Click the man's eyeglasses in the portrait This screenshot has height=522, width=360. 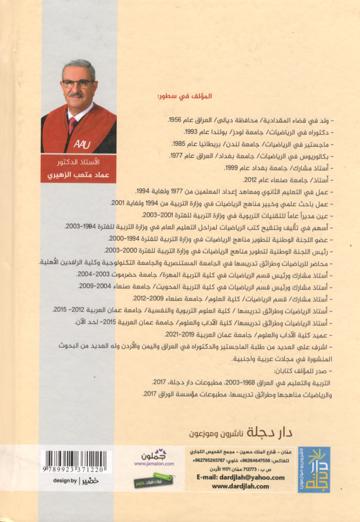pyautogui.click(x=77, y=84)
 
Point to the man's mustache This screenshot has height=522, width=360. pyautogui.click(x=77, y=95)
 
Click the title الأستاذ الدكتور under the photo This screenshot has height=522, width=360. pyautogui.click(x=80, y=163)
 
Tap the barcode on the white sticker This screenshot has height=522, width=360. pyautogui.click(x=75, y=458)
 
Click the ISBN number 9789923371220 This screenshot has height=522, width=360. pyautogui.click(x=74, y=470)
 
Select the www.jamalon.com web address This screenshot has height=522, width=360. pyautogui.click(x=145, y=463)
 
